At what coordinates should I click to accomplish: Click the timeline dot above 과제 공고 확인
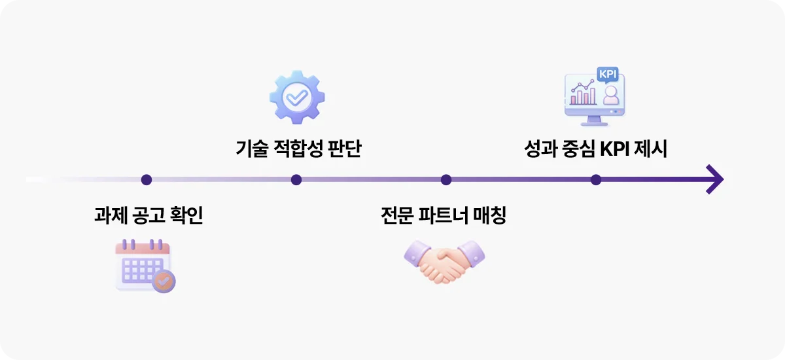tap(147, 179)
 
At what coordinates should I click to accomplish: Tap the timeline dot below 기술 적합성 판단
tap(296, 179)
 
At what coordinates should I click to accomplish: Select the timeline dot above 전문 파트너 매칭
tap(446, 179)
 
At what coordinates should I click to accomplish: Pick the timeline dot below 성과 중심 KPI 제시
tap(596, 179)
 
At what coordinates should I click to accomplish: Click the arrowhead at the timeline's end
tap(715, 179)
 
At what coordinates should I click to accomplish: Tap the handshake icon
tap(445, 261)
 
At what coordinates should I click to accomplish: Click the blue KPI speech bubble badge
tap(608, 74)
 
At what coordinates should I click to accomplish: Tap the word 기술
tap(252, 149)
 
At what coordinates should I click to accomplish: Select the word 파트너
tap(448, 215)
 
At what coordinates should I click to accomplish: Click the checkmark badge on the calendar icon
tap(163, 281)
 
